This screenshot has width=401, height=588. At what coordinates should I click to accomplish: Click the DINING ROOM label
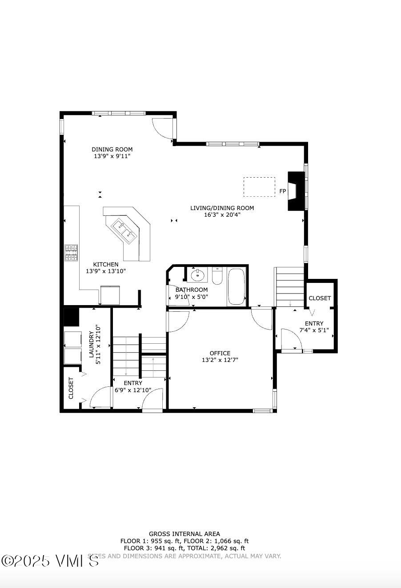112,149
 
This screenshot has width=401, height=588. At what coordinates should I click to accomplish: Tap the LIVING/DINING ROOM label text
222,208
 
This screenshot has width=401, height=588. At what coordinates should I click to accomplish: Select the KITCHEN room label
106,264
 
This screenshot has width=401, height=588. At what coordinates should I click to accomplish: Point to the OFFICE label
220,353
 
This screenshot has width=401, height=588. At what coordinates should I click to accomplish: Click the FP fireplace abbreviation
282,191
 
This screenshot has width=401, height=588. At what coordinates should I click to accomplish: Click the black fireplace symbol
295,191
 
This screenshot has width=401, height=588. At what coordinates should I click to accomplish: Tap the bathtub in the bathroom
236,286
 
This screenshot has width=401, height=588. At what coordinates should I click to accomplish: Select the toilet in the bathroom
217,276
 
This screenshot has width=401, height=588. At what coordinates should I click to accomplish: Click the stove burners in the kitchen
71,253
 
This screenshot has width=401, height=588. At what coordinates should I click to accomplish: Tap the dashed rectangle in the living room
259,187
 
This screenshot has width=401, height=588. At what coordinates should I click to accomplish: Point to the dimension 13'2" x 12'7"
220,360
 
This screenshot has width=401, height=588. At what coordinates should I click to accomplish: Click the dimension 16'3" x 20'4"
222,215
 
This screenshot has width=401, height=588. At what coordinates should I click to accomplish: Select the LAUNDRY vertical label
92,344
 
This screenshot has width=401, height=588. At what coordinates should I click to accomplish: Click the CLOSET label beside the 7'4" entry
320,298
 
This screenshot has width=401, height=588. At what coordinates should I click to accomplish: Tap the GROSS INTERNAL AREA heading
184,534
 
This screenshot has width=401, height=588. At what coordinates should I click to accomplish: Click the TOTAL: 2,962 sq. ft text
220,548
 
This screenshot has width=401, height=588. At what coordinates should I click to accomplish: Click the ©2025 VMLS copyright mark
50,560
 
